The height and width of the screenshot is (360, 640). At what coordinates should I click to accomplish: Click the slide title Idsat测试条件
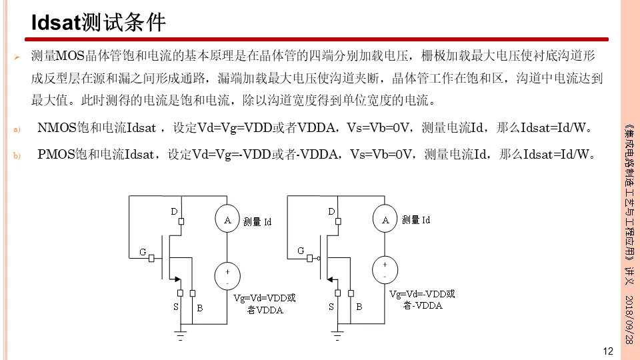pos(99,23)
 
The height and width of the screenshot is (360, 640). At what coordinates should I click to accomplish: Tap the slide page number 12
pos(607,351)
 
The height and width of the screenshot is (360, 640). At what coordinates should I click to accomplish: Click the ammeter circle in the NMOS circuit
pos(227,219)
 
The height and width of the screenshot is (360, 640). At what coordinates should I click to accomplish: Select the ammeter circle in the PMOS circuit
pos(384,219)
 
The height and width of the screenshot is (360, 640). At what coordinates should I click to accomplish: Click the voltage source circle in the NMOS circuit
pos(227,275)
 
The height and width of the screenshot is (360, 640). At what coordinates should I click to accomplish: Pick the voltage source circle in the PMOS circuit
pos(384,269)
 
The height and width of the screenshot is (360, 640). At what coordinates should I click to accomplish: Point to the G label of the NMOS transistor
pos(142,252)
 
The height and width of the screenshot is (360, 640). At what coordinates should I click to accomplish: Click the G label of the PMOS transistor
pos(301,251)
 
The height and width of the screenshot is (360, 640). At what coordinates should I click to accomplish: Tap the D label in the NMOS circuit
pos(174,211)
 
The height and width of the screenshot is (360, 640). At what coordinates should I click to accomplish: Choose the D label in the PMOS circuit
pos(331,211)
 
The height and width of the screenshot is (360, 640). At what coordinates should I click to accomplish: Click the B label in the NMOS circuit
pos(199,307)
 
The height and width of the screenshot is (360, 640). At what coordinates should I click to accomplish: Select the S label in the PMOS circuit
pos(331,307)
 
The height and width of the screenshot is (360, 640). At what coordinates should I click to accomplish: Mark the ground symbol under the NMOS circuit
pos(180,335)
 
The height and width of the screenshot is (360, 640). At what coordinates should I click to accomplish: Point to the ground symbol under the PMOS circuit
pos(337,335)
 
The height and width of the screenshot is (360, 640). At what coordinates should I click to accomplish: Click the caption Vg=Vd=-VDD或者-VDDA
pos(423,299)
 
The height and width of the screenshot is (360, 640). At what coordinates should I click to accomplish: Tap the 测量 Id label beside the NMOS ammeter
pos(257,221)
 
